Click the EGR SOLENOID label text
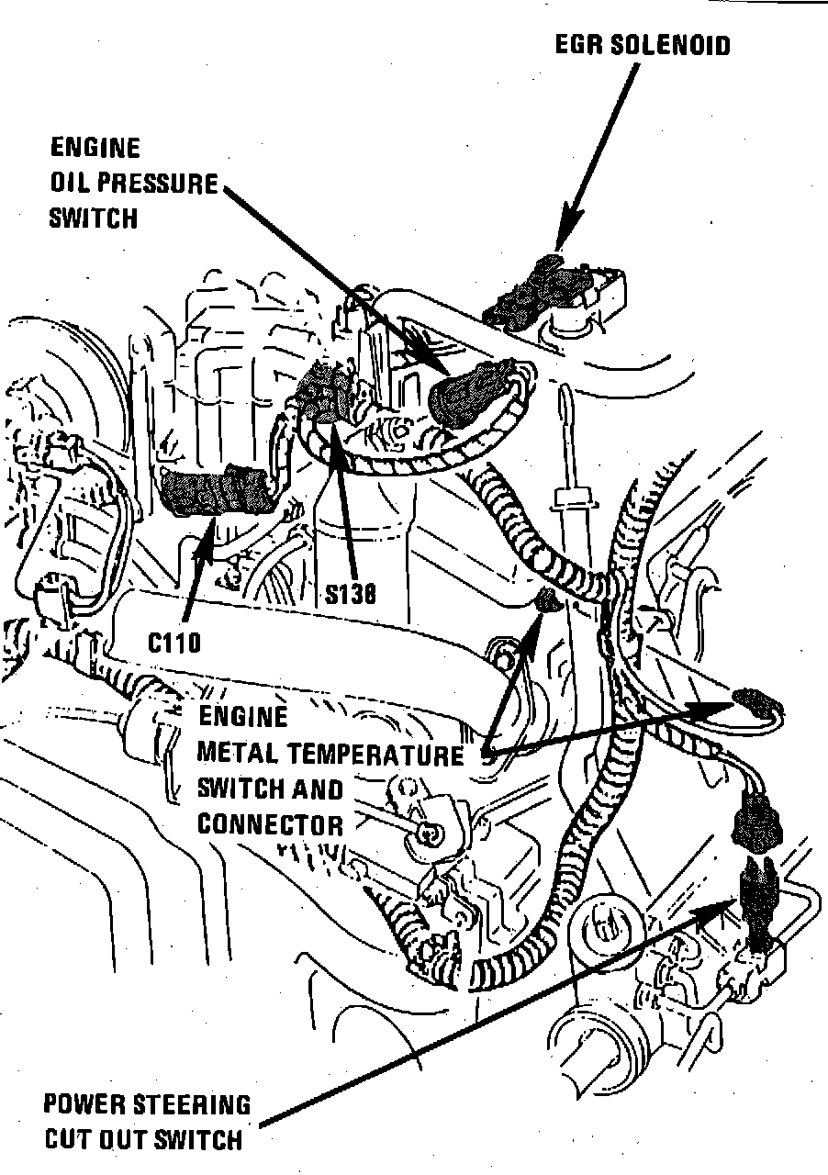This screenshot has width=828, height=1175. click(x=643, y=44)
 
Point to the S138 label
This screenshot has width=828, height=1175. click(x=350, y=595)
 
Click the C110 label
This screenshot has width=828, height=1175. click(x=174, y=641)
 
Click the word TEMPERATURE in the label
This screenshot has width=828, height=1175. click(x=376, y=755)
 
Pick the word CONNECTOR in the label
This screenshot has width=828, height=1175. click(x=270, y=823)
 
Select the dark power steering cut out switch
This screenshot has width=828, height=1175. click(x=760, y=904)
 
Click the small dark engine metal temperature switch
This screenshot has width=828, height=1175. click(x=548, y=601)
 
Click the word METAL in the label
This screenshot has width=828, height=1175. click(x=238, y=755)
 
